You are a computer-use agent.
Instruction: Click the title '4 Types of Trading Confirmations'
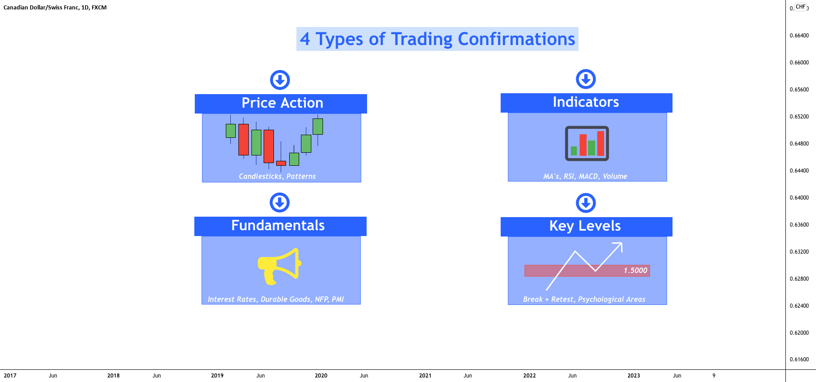pos(437,39)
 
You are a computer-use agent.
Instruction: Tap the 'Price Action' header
pos(282,103)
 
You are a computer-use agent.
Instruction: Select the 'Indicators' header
pos(586,102)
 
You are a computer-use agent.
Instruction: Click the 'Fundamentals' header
pos(278,226)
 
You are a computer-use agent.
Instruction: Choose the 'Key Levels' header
pos(585,226)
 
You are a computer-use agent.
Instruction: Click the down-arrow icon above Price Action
pos(280,80)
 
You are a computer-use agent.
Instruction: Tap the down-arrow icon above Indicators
pos(586,79)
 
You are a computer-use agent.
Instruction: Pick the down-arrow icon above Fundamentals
pos(279,203)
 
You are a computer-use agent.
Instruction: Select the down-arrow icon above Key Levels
pos(586,203)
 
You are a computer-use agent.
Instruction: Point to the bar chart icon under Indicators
pos(587,143)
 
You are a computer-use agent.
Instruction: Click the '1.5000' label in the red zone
pos(635,270)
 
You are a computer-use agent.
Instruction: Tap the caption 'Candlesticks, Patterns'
pos(277,177)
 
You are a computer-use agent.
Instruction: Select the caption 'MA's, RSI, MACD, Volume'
pos(585,177)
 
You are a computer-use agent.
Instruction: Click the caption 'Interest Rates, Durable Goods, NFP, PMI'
pos(276,300)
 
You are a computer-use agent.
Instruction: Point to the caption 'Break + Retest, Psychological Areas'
pos(584,300)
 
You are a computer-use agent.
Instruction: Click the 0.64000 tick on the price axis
pos(799,198)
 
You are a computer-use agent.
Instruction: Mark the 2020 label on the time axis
pos(321,376)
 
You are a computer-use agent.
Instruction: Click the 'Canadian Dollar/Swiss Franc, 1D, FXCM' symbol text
pos(55,8)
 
